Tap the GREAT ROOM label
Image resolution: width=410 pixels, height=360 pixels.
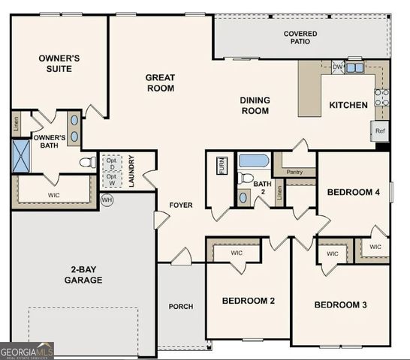coord(160,82)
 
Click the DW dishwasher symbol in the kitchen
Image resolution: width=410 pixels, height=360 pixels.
coord(338,67)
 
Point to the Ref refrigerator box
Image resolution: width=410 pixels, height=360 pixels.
coord(381,130)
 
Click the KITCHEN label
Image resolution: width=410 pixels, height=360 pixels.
coord(348,105)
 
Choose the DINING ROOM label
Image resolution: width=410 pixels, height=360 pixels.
coord(255,106)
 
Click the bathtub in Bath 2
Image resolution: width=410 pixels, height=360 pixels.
coord(253,160)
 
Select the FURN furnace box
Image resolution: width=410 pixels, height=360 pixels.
coord(222,166)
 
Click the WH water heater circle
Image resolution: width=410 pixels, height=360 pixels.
coord(107,200)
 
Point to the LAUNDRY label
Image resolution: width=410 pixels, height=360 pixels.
coord(131,171)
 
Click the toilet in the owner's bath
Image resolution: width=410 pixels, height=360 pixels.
coord(87,161)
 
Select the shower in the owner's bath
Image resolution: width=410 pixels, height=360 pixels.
coord(20,156)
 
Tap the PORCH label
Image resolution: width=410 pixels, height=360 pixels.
coord(181,306)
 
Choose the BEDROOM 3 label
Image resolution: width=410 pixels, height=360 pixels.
coord(340,304)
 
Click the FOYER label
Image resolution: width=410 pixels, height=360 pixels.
coord(181,205)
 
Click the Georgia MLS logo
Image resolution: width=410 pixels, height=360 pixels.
coord(27,350)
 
